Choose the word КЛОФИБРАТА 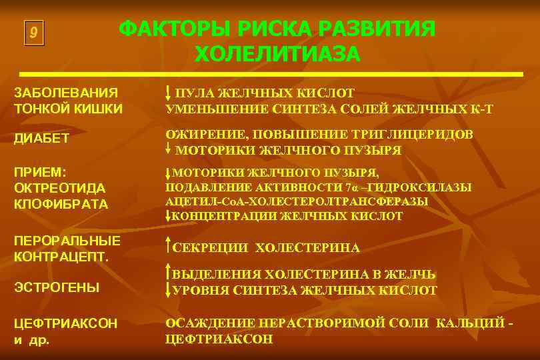click(61, 204)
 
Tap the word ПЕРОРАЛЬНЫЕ click(67, 240)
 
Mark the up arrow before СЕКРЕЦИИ click(169, 247)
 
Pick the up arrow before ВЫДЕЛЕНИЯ click(169, 273)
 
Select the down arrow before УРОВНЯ click(169, 289)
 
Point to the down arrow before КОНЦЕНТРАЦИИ click(169, 215)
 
